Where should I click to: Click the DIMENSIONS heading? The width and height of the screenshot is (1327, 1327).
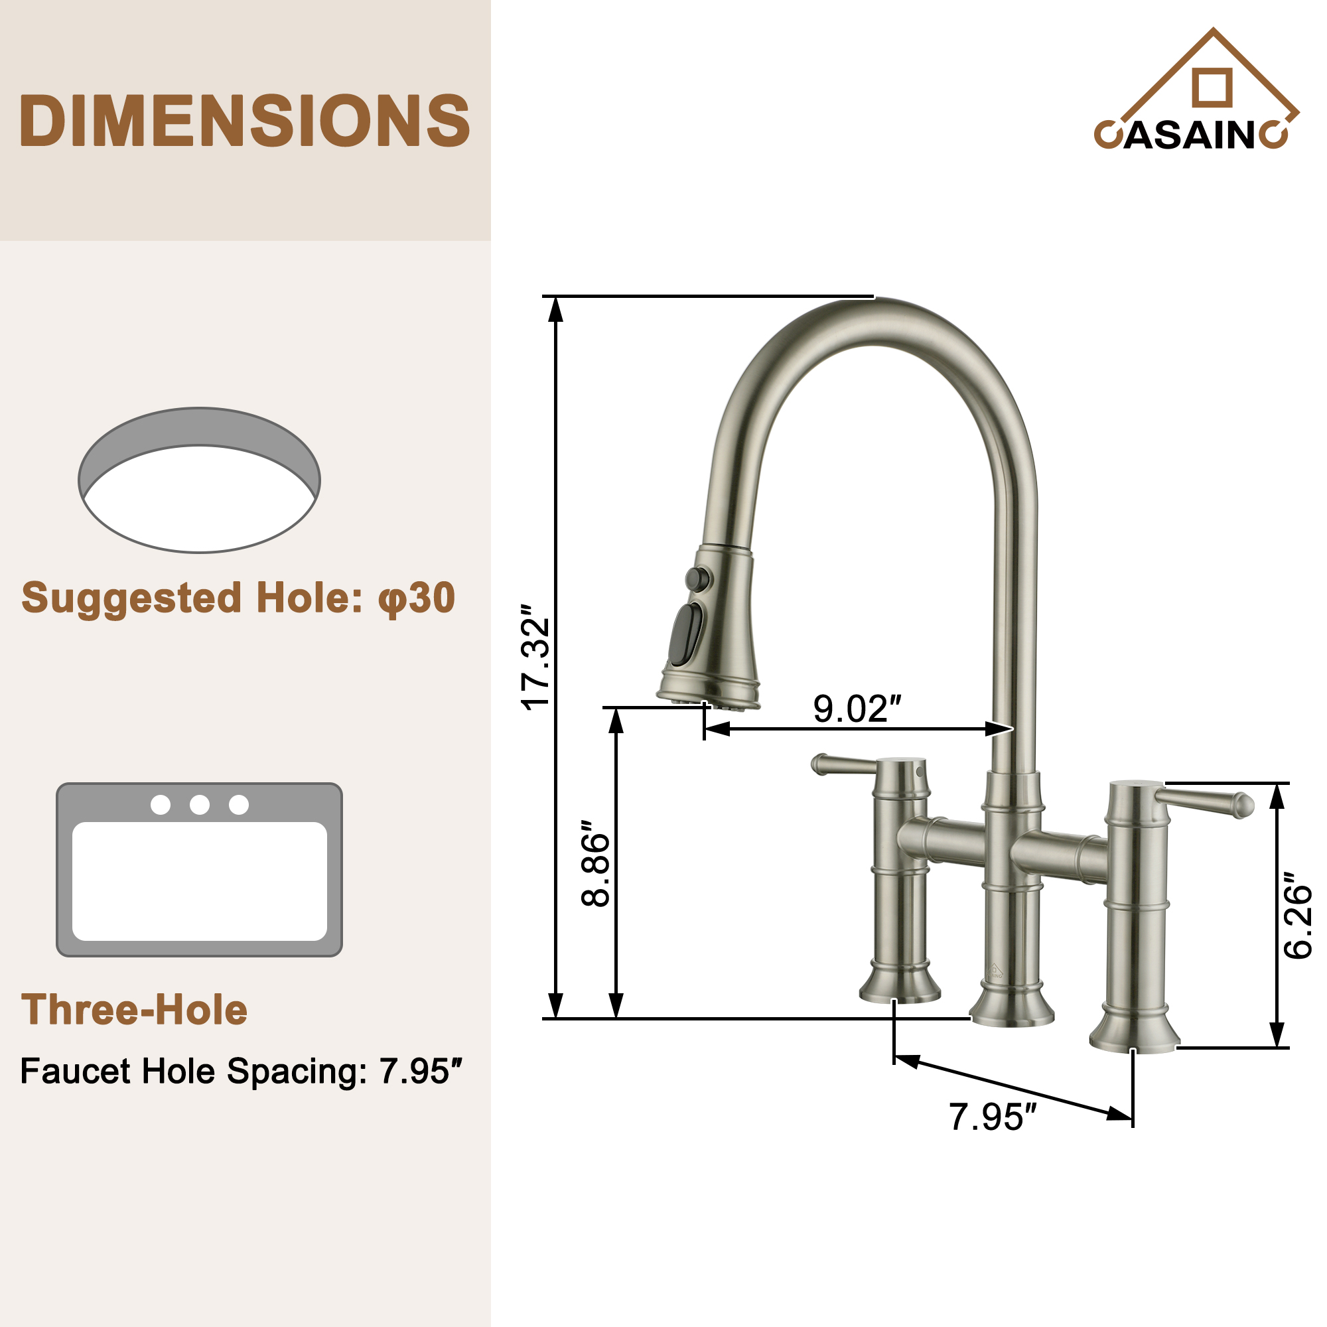click(245, 121)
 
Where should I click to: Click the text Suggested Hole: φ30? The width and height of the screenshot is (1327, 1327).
click(238, 598)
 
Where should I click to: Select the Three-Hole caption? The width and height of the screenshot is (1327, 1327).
click(135, 1010)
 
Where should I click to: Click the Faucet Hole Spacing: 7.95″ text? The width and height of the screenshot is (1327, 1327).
click(241, 1072)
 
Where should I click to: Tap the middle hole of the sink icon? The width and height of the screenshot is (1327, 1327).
click(199, 804)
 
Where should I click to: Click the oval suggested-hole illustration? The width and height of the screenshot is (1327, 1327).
click(199, 481)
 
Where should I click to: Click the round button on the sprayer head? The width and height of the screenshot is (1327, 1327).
click(699, 579)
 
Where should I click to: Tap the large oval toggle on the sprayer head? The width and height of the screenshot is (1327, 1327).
click(686, 635)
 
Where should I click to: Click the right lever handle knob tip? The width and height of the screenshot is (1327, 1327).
click(1245, 805)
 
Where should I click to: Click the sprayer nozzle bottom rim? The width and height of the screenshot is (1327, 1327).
click(707, 703)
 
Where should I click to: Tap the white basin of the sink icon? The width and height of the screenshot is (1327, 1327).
click(199, 881)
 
